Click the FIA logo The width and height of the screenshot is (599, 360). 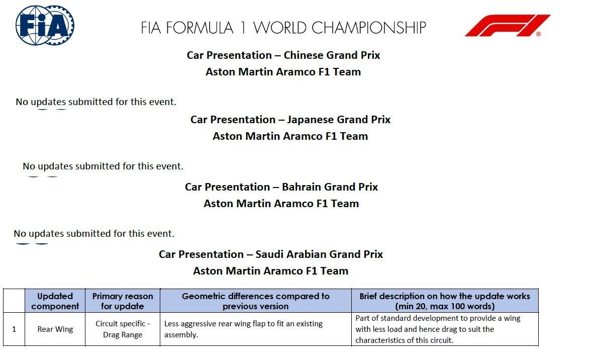[x=45, y=26]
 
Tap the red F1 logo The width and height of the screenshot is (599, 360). [x=508, y=26]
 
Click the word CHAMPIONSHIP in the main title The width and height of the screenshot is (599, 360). [x=369, y=28]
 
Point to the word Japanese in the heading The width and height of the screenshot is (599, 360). [x=309, y=120]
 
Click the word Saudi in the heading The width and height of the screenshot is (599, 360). [x=269, y=254]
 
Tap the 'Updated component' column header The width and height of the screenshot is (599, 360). [x=55, y=301]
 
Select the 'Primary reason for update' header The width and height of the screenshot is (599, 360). [x=123, y=301]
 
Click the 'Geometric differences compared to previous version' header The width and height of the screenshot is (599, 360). [x=256, y=301]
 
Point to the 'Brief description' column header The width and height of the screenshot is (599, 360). [x=445, y=301]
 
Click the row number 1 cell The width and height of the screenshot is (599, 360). [x=14, y=329]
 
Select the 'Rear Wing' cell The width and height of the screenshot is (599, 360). [x=55, y=329]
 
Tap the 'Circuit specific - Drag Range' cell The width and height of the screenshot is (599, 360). [x=123, y=329]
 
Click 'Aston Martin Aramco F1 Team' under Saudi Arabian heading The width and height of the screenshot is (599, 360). [x=271, y=272]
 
